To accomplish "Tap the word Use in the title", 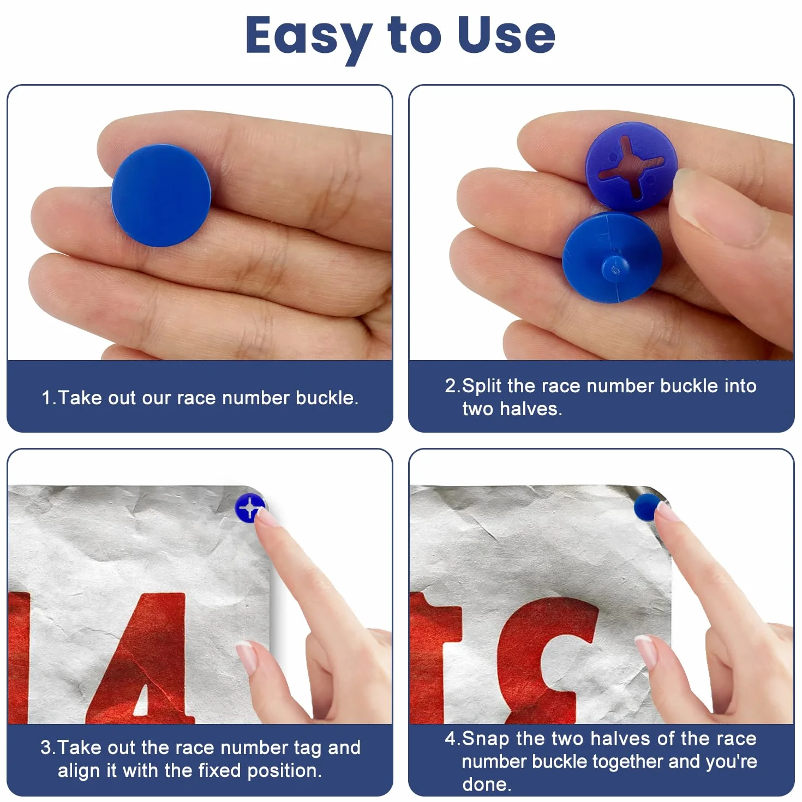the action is tap(506, 35).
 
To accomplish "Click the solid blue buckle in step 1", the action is tap(161, 195).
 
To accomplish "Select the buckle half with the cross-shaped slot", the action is tap(631, 166).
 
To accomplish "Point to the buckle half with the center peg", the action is tap(612, 258).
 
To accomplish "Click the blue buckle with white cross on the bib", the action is tap(250, 508).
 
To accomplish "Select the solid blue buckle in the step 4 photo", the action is tap(647, 507).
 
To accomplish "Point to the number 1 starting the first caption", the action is tap(46, 398).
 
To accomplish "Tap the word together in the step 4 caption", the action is tap(628, 762).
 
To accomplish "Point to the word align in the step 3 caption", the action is tap(79, 771).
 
